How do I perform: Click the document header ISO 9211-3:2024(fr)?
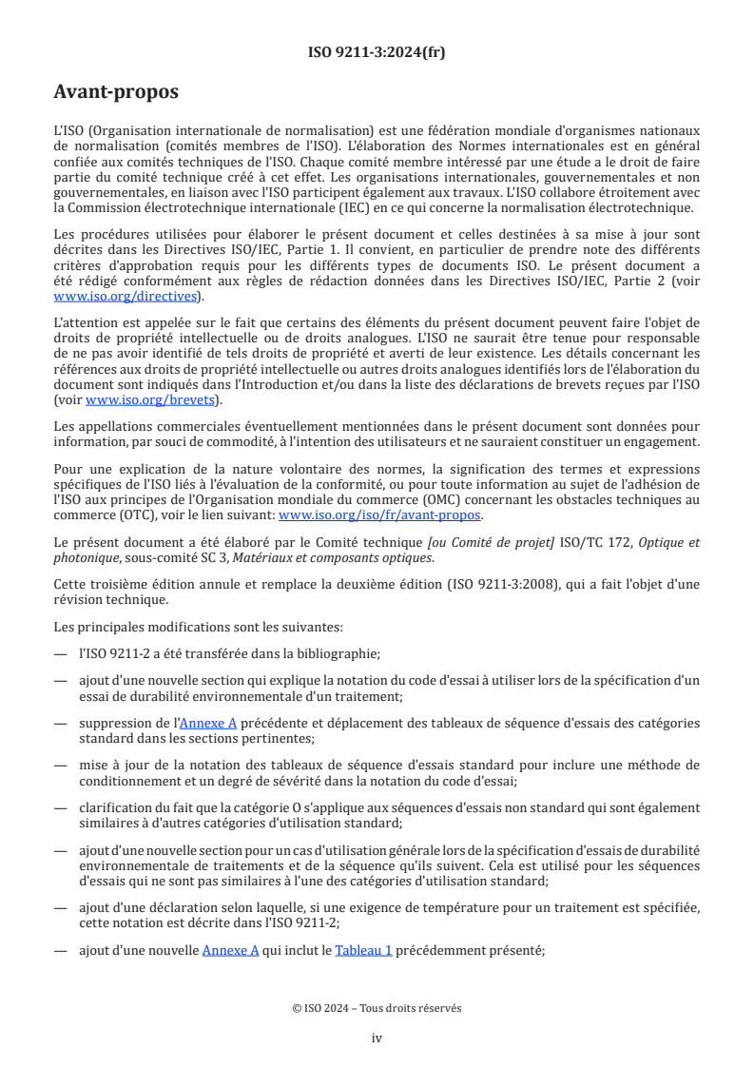(x=377, y=52)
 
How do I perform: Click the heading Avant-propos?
(x=115, y=92)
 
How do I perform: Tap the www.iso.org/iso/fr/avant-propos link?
(x=379, y=514)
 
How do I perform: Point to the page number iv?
(x=377, y=1038)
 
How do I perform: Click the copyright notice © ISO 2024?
(x=377, y=1008)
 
